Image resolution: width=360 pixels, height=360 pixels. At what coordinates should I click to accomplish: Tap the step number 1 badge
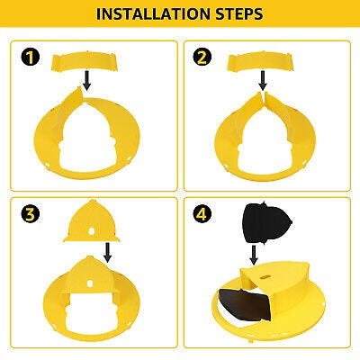coord(30,57)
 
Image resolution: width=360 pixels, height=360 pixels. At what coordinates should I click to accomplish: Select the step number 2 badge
coord(202,57)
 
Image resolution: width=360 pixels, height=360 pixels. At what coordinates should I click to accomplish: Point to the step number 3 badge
coord(30,214)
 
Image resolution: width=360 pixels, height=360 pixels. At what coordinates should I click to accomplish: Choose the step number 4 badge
coord(202,214)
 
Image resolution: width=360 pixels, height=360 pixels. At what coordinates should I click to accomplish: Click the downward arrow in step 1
coord(86,80)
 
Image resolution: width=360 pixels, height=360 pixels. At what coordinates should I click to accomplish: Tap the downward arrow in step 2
coord(263,80)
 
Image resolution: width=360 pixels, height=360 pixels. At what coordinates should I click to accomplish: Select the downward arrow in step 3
coord(107,252)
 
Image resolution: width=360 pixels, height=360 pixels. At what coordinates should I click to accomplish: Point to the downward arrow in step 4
coord(254,255)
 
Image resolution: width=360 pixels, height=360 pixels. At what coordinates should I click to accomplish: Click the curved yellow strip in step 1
coord(85,61)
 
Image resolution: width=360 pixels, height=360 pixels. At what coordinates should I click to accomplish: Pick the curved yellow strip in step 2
coord(261,61)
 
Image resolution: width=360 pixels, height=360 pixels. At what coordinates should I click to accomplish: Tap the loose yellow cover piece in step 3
coord(92,222)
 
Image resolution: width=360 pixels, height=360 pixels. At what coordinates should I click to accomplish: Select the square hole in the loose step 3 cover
coord(92,230)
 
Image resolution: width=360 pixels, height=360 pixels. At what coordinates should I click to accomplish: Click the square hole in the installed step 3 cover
coord(90,283)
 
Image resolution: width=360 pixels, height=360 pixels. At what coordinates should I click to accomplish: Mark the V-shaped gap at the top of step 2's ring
coord(263,96)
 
